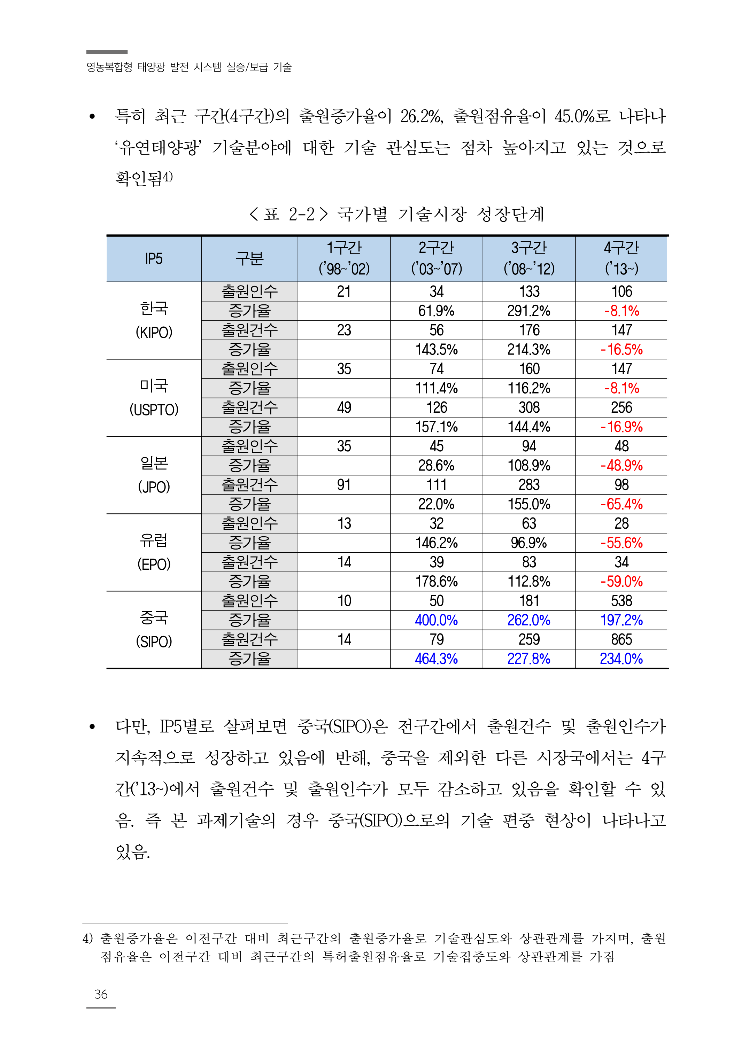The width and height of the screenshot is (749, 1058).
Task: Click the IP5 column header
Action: [154, 259]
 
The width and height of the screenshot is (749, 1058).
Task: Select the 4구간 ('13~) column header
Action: [621, 259]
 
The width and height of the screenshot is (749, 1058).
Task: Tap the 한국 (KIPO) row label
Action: [154, 320]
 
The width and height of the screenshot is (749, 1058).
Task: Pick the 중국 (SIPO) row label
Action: [154, 629]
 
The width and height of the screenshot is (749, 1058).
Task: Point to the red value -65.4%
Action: [621, 504]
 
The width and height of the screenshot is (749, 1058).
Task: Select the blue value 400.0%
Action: [436, 620]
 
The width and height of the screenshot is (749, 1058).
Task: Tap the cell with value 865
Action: [621, 639]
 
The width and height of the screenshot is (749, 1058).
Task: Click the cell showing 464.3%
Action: [436, 659]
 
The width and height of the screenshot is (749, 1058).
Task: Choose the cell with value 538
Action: [621, 601]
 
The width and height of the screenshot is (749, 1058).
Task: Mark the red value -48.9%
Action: [621, 466]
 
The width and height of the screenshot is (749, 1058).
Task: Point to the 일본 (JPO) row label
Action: [154, 475]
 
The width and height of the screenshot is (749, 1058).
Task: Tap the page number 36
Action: [101, 994]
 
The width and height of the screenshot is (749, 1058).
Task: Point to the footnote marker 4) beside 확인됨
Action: [168, 177]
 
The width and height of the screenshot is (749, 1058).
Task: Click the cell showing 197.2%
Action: [621, 620]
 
